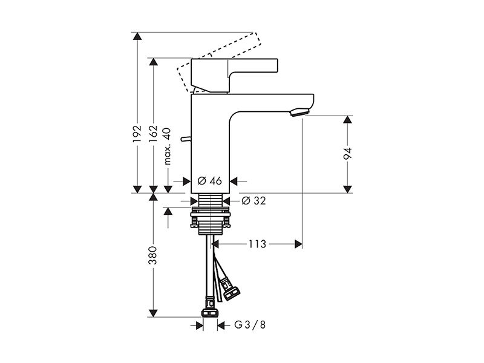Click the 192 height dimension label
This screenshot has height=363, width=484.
click(x=137, y=134)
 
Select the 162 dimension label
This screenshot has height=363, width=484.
click(x=153, y=134)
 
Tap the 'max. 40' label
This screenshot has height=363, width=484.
click(x=167, y=146)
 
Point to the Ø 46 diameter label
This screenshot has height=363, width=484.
click(x=209, y=181)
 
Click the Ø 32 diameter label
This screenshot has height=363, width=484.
click(x=253, y=201)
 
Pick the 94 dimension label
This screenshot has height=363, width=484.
click(x=347, y=154)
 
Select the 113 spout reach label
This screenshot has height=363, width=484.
click(x=258, y=244)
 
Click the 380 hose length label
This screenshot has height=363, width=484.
click(x=153, y=255)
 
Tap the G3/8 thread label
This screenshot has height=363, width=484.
click(x=250, y=325)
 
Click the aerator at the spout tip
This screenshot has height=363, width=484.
click(x=299, y=113)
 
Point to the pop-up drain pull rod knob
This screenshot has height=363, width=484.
click(x=186, y=139)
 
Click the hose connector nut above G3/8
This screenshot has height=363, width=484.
click(x=210, y=313)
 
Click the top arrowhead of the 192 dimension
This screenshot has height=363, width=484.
click(x=137, y=36)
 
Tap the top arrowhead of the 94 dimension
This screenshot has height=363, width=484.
click(x=347, y=119)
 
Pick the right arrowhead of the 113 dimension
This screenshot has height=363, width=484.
click(x=298, y=244)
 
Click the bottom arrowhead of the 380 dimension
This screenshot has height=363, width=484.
click(x=153, y=313)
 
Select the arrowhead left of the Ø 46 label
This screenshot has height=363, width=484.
click(x=187, y=181)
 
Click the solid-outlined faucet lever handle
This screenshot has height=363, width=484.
click(x=234, y=75)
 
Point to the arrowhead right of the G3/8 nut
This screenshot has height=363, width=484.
click(x=221, y=325)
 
